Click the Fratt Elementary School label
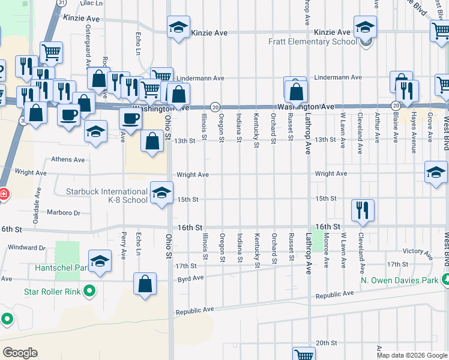click(x=312, y=43)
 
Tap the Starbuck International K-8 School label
click(x=107, y=196)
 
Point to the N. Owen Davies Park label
click(x=399, y=280)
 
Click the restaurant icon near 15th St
click(x=363, y=210)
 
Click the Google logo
click(x=20, y=352)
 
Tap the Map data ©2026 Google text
click(x=412, y=355)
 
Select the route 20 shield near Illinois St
click(x=214, y=106)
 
